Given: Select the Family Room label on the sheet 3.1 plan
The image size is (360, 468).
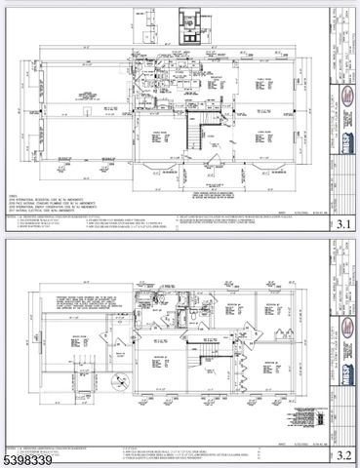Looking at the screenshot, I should [261, 79].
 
